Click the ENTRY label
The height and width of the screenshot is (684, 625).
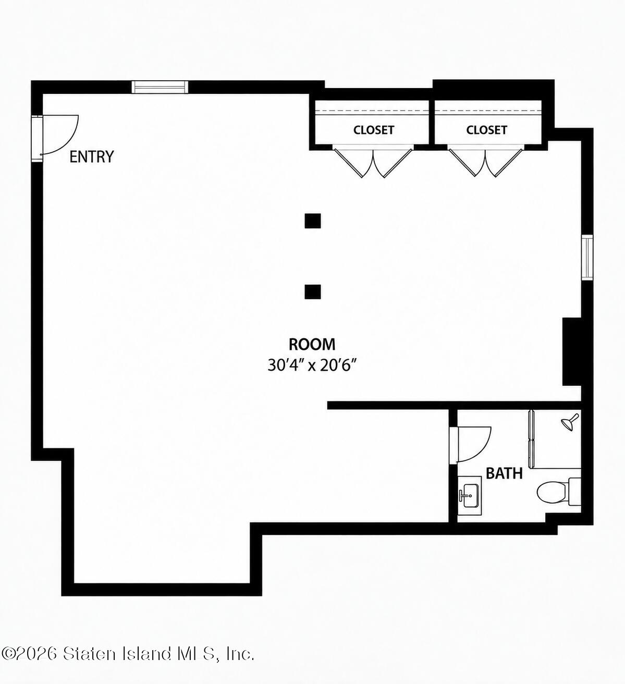[x=91, y=157]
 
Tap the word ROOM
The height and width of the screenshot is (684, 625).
[x=312, y=345]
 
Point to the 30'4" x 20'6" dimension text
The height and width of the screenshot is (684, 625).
[x=312, y=366]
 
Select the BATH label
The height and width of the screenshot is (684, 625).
[x=504, y=473]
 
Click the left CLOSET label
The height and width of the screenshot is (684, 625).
[x=374, y=130]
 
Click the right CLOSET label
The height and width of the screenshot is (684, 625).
[x=486, y=130]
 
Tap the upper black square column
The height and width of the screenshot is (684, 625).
[x=313, y=221]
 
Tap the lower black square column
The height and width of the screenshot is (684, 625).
[x=313, y=292]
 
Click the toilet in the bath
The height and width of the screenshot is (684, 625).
[x=558, y=492]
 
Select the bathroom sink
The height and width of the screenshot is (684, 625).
[x=470, y=496]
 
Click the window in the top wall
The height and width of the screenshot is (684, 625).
[x=160, y=87]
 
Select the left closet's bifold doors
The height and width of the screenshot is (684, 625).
[x=373, y=163]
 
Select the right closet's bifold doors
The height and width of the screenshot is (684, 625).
[x=485, y=162]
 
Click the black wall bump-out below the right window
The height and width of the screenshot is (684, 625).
[x=572, y=352]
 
